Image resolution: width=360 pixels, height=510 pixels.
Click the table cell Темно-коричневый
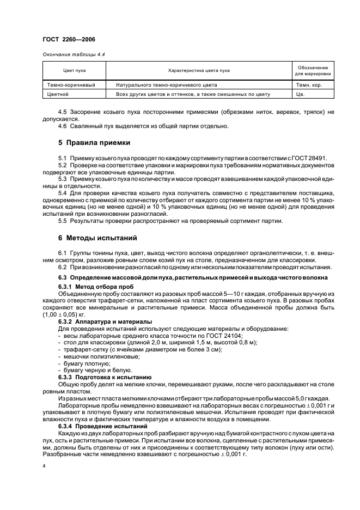point(71,85)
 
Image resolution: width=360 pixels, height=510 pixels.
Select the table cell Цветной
point(58,94)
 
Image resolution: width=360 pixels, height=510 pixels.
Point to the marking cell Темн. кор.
point(309,85)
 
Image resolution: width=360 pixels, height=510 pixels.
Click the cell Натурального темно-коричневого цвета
point(167,85)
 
